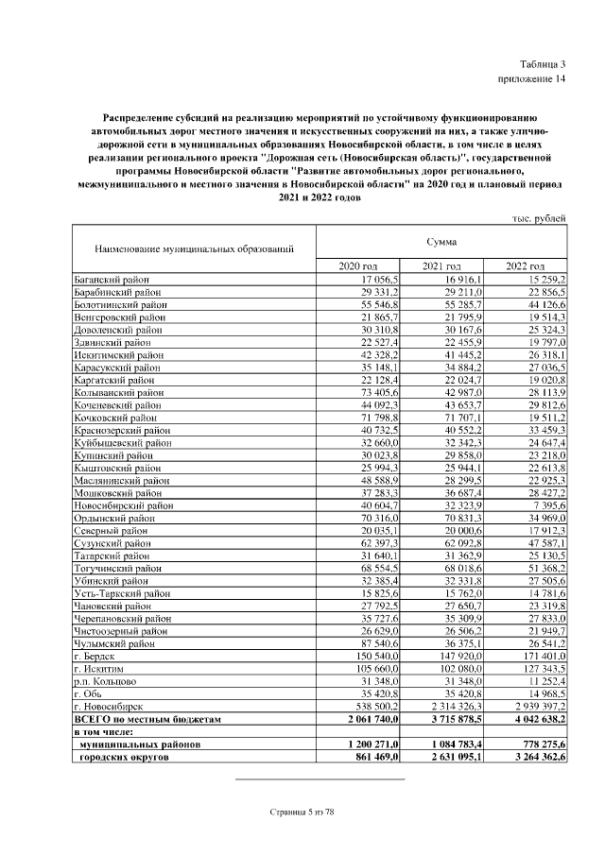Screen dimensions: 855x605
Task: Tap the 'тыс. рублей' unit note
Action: (x=539, y=218)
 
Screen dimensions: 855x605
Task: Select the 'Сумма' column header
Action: (x=441, y=242)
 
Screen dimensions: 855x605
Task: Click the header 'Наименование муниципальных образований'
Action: (x=194, y=249)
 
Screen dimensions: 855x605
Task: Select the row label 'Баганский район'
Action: (x=112, y=281)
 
